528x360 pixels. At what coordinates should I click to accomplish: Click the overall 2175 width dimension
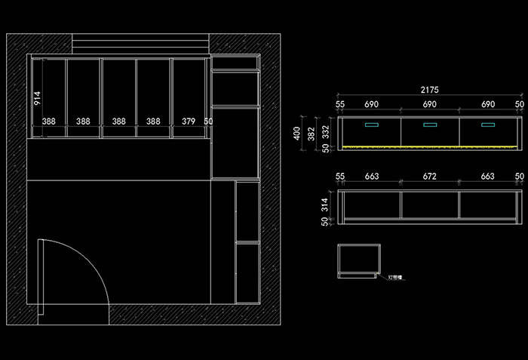point(429,90)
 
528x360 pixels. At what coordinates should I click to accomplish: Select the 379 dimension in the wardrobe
point(189,121)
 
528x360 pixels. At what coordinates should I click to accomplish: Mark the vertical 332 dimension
point(326,131)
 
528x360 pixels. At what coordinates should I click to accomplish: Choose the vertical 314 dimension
point(326,205)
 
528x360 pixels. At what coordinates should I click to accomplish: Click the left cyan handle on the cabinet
point(371,125)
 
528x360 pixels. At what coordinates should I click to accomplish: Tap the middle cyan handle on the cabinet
point(430,125)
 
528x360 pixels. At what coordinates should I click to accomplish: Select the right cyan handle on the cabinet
point(489,125)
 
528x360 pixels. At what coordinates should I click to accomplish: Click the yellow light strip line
point(430,146)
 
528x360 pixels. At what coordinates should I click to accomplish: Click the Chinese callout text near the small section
point(396,278)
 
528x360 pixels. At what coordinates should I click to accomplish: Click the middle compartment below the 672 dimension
point(429,205)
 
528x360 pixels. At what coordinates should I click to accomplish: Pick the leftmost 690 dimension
point(371,103)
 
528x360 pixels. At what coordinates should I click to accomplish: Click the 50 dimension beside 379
point(208,121)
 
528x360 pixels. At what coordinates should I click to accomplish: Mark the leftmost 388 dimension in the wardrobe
point(49,121)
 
